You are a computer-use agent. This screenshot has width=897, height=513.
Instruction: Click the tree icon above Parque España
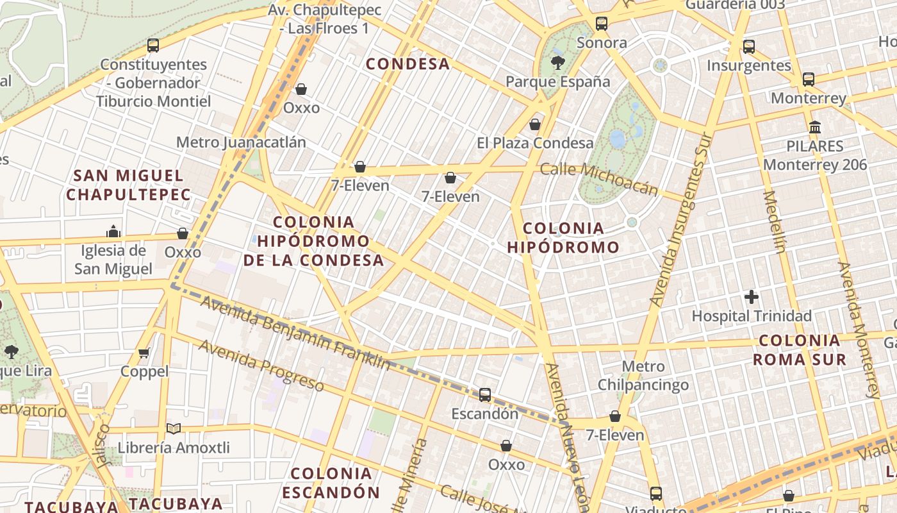(558, 62)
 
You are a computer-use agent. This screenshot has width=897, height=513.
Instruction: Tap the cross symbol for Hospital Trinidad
(752, 297)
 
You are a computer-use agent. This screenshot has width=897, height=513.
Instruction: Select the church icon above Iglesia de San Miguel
(113, 231)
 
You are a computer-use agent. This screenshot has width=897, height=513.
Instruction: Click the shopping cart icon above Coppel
(144, 353)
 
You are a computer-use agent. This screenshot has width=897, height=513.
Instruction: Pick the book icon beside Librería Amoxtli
(173, 428)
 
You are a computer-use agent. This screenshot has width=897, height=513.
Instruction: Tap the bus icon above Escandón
(485, 394)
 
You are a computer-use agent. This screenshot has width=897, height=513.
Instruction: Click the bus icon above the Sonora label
(602, 24)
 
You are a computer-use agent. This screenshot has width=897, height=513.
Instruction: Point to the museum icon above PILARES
(815, 127)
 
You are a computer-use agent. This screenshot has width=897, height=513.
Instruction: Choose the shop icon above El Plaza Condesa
(535, 124)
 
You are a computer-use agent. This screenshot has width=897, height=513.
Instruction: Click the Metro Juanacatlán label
(241, 142)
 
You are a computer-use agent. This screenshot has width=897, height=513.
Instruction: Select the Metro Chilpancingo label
(643, 376)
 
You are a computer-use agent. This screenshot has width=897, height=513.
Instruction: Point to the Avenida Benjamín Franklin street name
(295, 332)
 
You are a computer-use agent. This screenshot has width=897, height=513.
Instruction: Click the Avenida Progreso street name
(261, 365)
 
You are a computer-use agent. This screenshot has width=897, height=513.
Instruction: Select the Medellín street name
(774, 222)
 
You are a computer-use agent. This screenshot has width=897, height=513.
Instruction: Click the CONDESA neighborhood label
(407, 64)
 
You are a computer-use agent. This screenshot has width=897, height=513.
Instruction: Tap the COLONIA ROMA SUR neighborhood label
(799, 349)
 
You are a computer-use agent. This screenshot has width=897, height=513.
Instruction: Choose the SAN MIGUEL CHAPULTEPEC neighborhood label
(129, 185)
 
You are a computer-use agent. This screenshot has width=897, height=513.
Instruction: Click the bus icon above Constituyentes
(153, 46)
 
